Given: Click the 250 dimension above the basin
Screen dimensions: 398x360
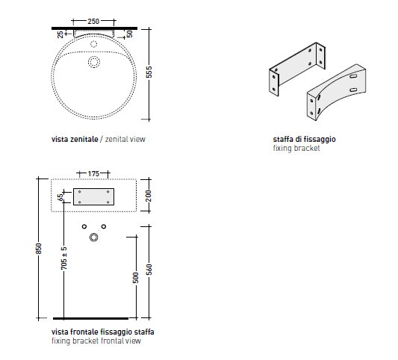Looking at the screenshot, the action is [x=93, y=22].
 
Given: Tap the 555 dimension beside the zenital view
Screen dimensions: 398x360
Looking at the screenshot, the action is [x=149, y=72].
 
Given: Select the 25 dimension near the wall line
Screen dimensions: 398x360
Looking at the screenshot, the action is [x=60, y=34].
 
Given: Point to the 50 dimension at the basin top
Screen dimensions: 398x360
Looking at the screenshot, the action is [x=129, y=34].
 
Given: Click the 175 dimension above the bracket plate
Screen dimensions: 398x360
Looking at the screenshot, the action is [x=93, y=174].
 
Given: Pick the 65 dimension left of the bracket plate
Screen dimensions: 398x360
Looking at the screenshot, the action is [x=60, y=197].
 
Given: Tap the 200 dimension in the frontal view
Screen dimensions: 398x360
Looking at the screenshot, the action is [x=149, y=196].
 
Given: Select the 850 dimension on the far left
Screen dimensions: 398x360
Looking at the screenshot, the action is [x=38, y=249].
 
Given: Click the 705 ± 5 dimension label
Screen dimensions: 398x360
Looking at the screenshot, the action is [x=64, y=258].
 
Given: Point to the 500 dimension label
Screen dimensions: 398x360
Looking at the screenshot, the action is [x=136, y=278].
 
